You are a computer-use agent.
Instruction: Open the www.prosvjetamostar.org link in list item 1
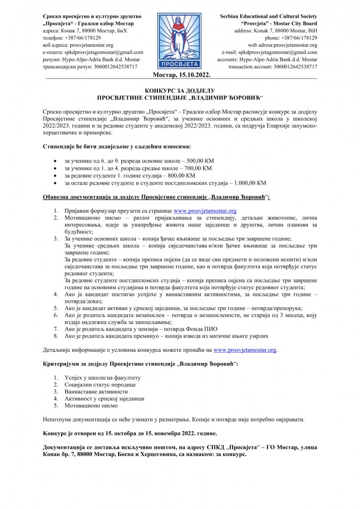coord(205,210)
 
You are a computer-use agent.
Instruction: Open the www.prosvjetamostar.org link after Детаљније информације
coord(244,351)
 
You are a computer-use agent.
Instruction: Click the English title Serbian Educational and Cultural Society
coord(268,17)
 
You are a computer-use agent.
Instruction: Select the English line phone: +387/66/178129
coord(291,38)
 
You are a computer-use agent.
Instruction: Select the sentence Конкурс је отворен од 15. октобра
coord(129,434)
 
